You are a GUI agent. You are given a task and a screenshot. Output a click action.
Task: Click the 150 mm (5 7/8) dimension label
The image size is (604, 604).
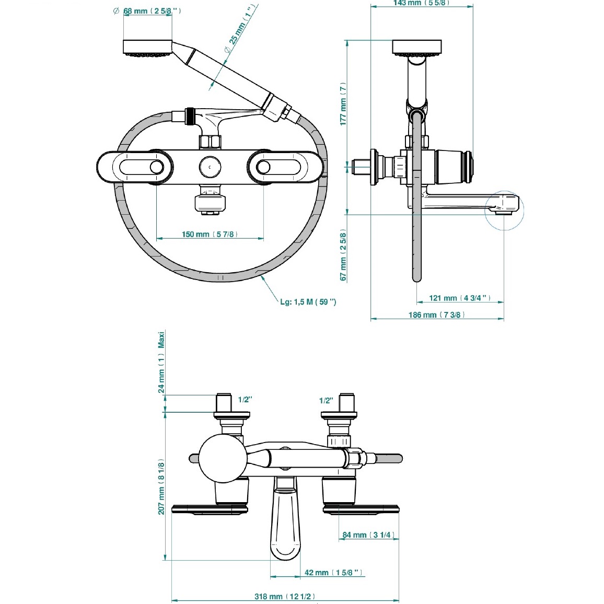[210, 234]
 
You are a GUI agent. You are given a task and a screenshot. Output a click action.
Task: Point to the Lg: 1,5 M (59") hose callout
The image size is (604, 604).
[308, 302]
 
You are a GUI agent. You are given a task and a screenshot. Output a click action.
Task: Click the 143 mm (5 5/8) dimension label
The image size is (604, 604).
[421, 3]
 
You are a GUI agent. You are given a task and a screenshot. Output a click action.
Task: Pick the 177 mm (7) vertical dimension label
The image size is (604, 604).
[343, 103]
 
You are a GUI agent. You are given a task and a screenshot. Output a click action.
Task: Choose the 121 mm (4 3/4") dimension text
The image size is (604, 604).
[460, 298]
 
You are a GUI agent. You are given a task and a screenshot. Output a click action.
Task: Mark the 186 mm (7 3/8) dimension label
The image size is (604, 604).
[436, 315]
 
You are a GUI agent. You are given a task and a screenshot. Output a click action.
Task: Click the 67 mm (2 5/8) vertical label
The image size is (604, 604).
[343, 255]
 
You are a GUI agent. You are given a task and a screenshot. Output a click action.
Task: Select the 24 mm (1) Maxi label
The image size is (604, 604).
[161, 362]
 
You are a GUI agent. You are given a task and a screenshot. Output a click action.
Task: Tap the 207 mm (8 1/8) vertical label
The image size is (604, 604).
[161, 487]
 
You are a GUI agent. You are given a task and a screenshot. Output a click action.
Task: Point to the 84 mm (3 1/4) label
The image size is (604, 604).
[368, 535]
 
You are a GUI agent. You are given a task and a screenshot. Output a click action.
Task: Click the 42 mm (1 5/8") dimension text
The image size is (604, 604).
[333, 573]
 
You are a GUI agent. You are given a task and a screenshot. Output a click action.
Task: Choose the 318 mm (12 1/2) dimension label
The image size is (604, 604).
[285, 596]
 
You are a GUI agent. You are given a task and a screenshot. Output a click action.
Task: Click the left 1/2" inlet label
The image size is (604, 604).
[245, 400]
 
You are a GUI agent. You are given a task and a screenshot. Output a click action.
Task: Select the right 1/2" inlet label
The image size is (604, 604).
[326, 401]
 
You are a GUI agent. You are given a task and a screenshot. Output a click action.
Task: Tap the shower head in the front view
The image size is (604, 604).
[147, 48]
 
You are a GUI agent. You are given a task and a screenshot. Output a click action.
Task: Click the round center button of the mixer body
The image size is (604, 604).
[210, 167]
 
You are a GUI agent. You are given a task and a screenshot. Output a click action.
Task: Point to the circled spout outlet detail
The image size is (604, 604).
[504, 210]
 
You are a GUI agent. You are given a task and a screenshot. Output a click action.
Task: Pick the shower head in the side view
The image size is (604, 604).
[416, 48]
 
